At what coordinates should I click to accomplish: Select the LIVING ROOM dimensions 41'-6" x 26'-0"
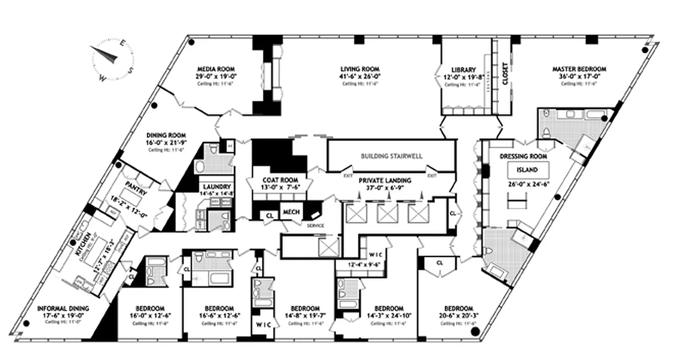(358, 76)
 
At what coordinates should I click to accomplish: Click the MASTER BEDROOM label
(579, 69)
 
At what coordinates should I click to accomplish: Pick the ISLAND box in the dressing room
(529, 170)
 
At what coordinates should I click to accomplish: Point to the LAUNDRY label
(217, 187)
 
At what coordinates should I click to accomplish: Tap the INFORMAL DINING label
(63, 309)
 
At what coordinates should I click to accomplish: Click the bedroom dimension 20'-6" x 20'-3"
(458, 315)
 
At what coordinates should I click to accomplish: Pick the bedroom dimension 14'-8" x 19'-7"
(305, 315)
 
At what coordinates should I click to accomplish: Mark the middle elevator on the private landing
(387, 213)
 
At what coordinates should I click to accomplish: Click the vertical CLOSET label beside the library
(504, 73)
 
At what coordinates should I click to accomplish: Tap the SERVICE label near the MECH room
(315, 225)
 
